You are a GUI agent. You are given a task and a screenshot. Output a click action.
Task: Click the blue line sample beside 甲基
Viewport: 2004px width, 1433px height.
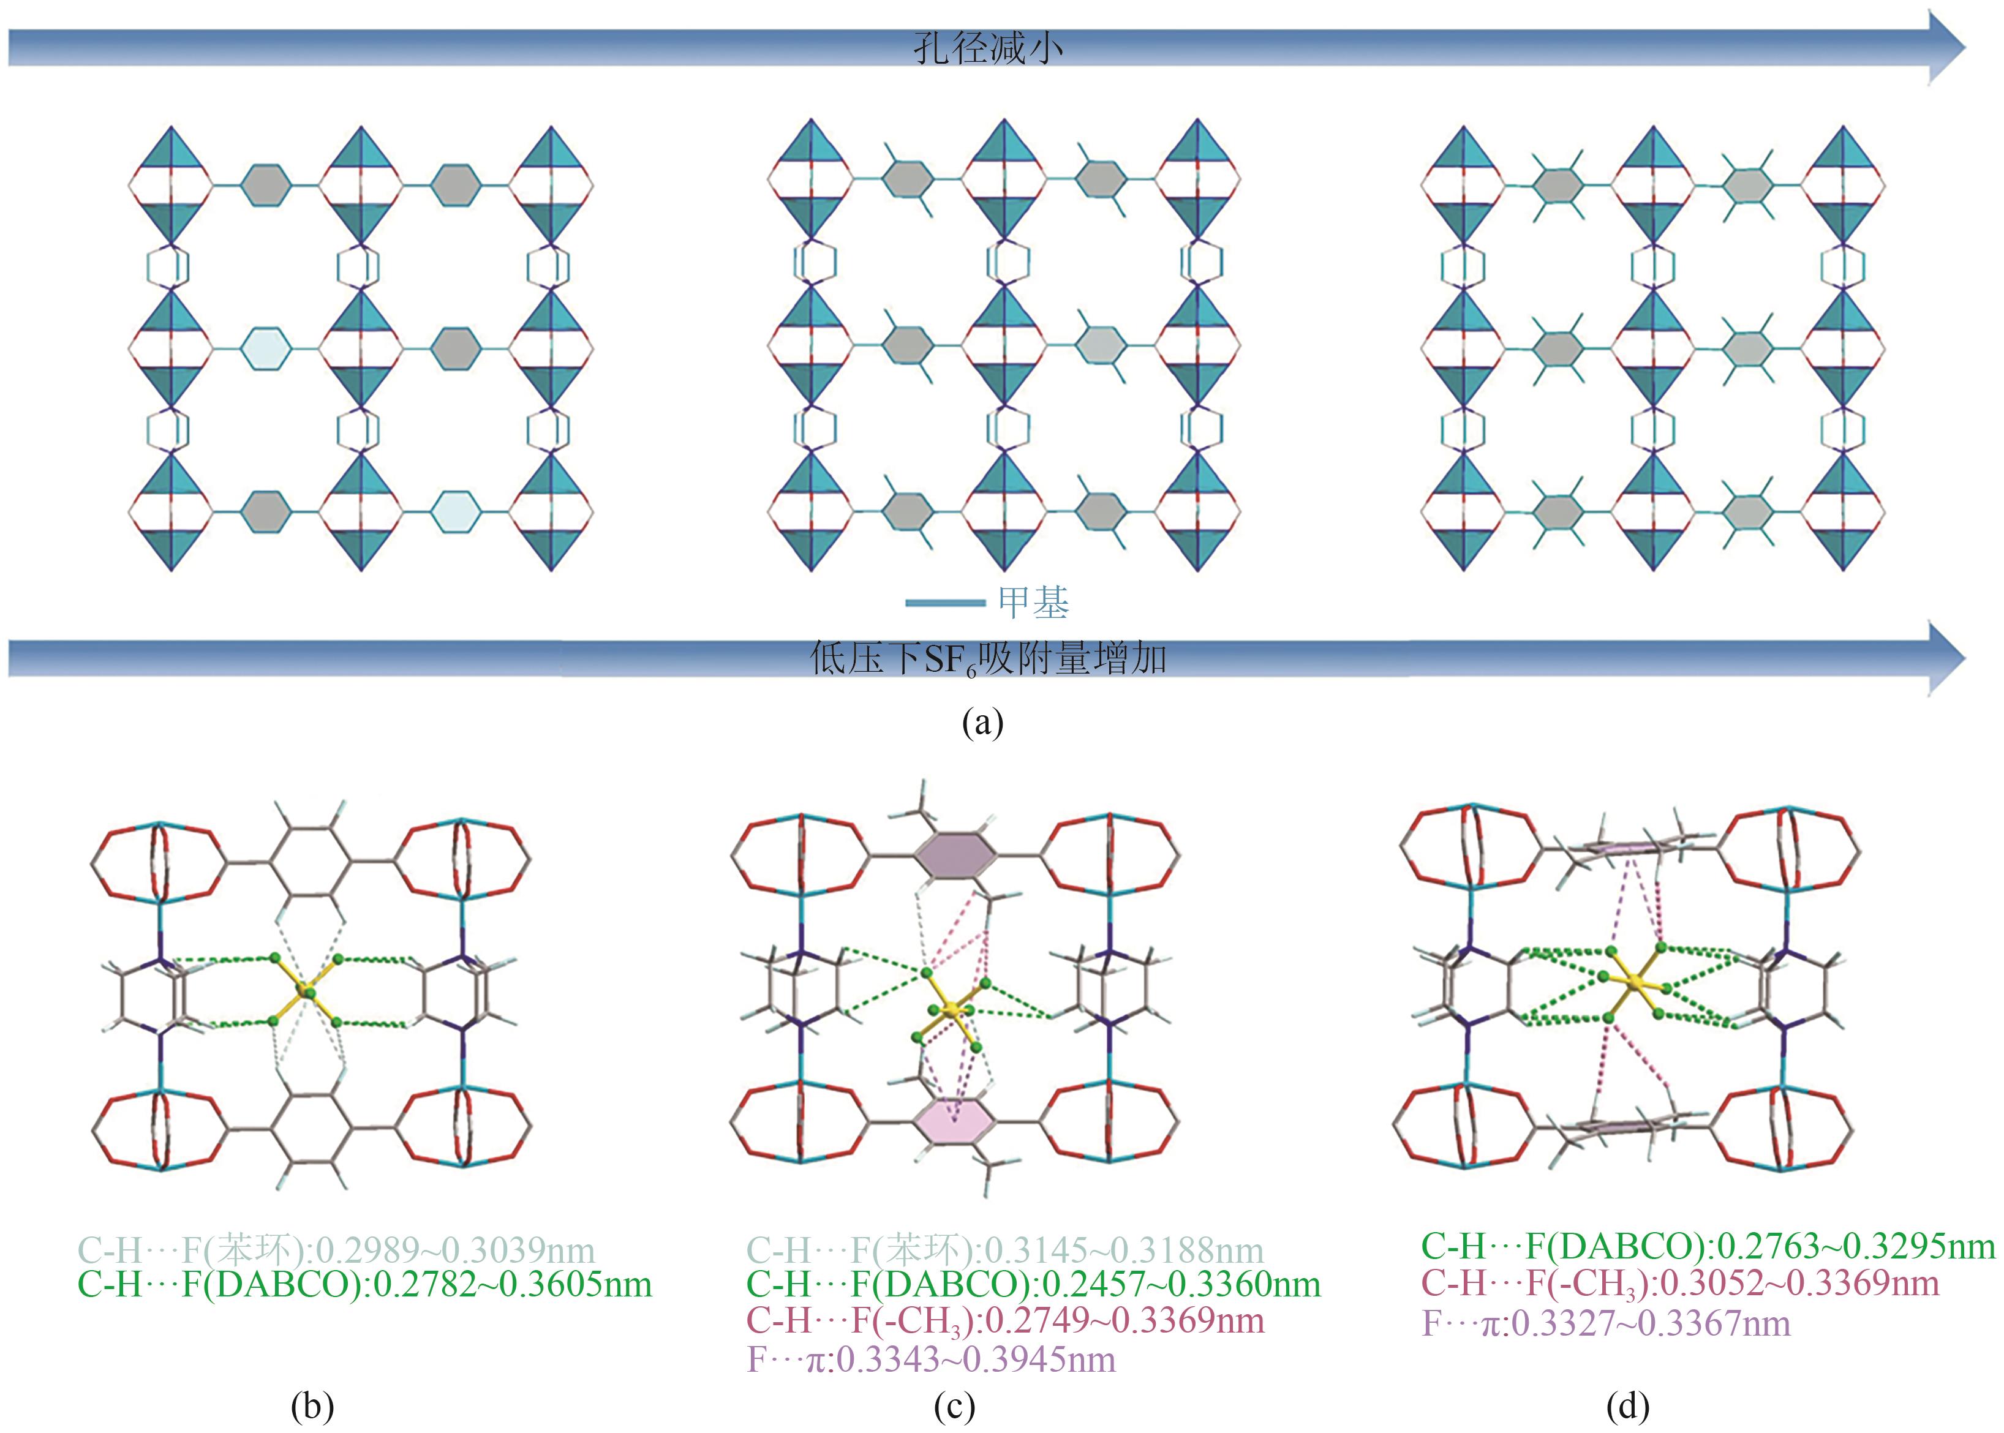pyautogui.click(x=945, y=604)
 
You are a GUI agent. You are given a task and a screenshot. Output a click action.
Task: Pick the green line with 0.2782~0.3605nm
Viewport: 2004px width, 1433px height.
pyautogui.click(x=364, y=1285)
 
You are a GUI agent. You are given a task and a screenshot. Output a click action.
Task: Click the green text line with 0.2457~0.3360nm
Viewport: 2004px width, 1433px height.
pyautogui.click(x=1033, y=1285)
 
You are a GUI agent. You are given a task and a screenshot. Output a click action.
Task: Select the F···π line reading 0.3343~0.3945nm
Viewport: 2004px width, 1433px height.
pyautogui.click(x=931, y=1360)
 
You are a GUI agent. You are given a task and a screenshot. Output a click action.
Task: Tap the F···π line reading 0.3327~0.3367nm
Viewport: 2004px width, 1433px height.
pyautogui.click(x=1606, y=1323)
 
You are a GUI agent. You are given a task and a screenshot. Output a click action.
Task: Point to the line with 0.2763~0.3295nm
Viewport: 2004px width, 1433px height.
pyautogui.click(x=1708, y=1246)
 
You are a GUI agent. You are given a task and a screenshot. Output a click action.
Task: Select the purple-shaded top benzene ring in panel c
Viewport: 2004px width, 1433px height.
pyautogui.click(x=955, y=855)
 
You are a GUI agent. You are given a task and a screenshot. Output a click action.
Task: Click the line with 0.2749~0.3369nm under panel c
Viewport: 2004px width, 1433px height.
pyautogui.click(x=1005, y=1322)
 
